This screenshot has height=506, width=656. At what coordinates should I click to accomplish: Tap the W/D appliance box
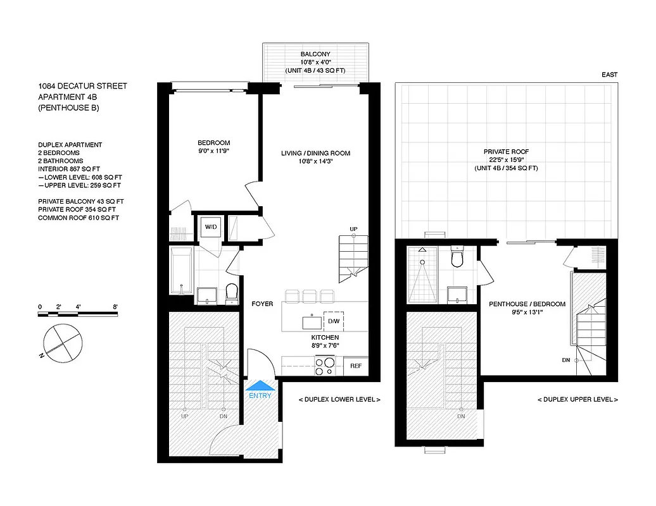pos(210,226)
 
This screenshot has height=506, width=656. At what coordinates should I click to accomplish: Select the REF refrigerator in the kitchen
pos(355,365)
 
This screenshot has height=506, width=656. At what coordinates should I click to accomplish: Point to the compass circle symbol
pos(62,342)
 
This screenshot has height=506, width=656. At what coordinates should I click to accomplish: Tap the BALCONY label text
pos(315,54)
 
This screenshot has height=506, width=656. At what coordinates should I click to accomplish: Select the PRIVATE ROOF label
pos(506,152)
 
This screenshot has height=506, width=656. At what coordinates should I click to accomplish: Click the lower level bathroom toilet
pos(231,292)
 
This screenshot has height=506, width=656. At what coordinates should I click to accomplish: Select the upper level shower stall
pos(422,276)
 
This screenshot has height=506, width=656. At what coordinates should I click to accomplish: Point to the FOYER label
pos(262,304)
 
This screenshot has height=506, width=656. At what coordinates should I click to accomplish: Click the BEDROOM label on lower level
pos(213,143)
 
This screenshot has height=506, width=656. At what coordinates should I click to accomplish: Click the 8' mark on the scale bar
pos(115,307)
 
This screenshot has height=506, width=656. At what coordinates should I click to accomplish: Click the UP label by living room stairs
pos(353,228)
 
